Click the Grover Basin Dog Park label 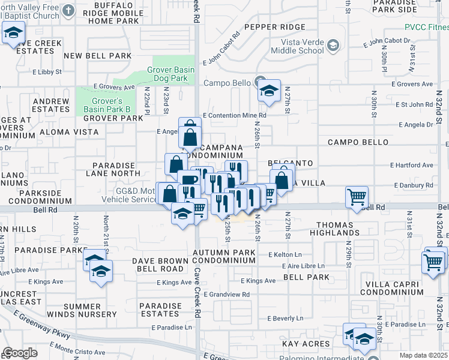coord(171,74)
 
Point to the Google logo coord(20,353)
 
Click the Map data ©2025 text coord(423,355)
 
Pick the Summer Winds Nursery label coord(90,310)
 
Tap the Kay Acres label coord(306,344)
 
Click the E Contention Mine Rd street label coord(235,115)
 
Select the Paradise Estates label coord(160,310)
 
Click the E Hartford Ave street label coord(411,165)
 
